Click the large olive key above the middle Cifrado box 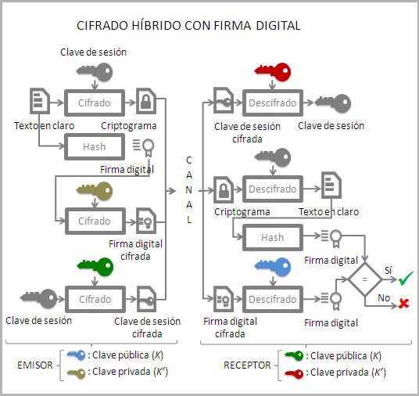(95, 190)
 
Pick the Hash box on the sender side (95, 146)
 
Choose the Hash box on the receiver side (273, 237)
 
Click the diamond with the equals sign (364, 279)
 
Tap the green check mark (406, 277)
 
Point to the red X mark (404, 303)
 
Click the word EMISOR (35, 365)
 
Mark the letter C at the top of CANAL (188, 160)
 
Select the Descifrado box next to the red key (273, 103)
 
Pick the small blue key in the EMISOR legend (77, 356)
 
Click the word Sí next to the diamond (388, 270)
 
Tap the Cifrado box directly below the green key (95, 299)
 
